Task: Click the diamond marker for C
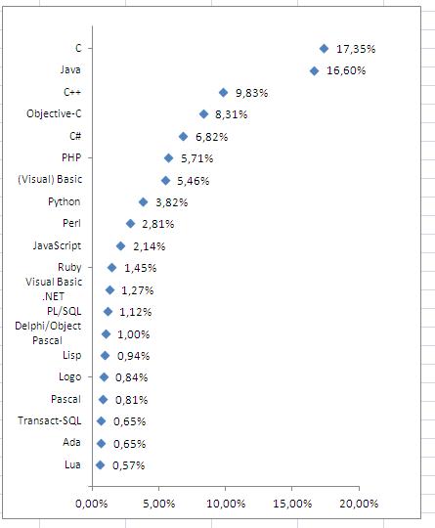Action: [x=324, y=49]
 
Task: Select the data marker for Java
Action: [x=314, y=71]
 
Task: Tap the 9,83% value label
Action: [x=252, y=93]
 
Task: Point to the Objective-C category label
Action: [x=54, y=113]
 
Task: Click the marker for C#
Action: [x=183, y=136]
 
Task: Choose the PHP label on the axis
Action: [x=71, y=157]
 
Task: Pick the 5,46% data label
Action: [x=194, y=181]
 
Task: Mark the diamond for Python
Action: [x=143, y=202]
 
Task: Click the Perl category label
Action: [x=71, y=223]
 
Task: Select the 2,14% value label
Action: [x=150, y=246]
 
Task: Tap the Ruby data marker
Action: [x=111, y=268]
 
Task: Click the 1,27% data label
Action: [x=138, y=290]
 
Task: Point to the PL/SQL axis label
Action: [x=64, y=311]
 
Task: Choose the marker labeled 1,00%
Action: [x=106, y=334]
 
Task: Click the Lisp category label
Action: [x=71, y=355]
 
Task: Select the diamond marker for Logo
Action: [x=104, y=377]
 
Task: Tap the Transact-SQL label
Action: [x=50, y=420]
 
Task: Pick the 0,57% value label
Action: [x=129, y=465]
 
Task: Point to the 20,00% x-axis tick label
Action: [x=359, y=505]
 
